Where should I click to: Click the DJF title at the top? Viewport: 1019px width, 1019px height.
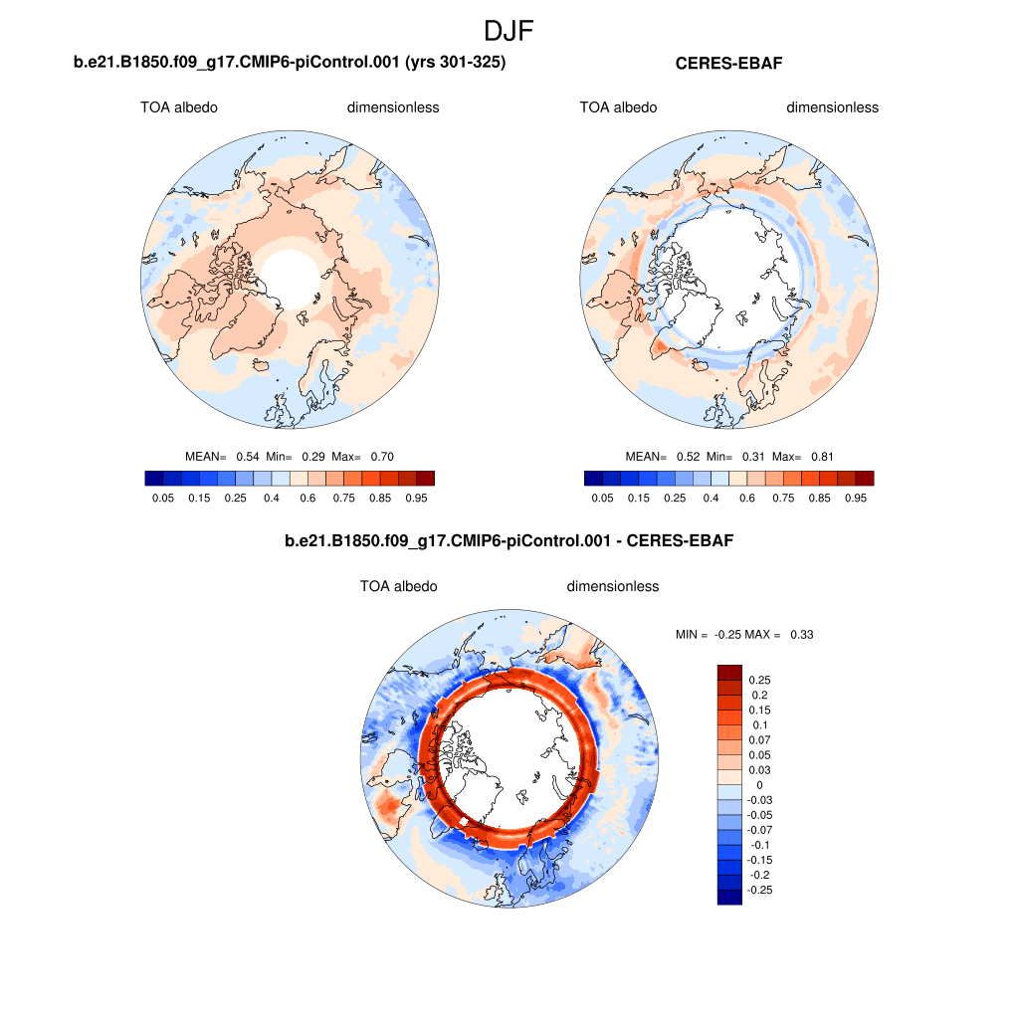(509, 31)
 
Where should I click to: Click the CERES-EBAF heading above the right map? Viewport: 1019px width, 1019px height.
(730, 64)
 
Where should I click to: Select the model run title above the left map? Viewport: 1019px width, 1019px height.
(291, 64)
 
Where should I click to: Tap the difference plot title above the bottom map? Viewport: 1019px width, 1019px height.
(509, 541)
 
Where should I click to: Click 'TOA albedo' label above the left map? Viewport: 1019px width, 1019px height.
(179, 107)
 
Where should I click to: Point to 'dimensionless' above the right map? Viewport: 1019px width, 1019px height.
(832, 107)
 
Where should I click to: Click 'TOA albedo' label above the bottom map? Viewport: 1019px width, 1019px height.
(398, 586)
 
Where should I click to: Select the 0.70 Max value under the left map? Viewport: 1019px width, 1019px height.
(382, 457)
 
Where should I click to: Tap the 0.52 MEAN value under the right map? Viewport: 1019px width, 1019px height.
(687, 457)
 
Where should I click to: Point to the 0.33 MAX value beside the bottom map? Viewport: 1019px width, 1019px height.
(801, 634)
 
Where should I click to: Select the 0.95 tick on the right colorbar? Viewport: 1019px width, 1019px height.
(856, 497)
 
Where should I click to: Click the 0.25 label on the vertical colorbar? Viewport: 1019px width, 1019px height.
(759, 681)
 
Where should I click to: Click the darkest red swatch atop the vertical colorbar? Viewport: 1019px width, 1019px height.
(729, 673)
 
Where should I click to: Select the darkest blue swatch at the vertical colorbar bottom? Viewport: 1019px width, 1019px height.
(729, 897)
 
